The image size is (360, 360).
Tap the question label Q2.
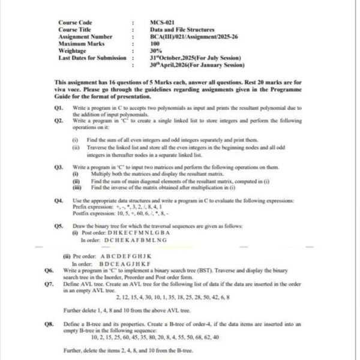pos(59,121)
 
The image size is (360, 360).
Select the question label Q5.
pos(59,225)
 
